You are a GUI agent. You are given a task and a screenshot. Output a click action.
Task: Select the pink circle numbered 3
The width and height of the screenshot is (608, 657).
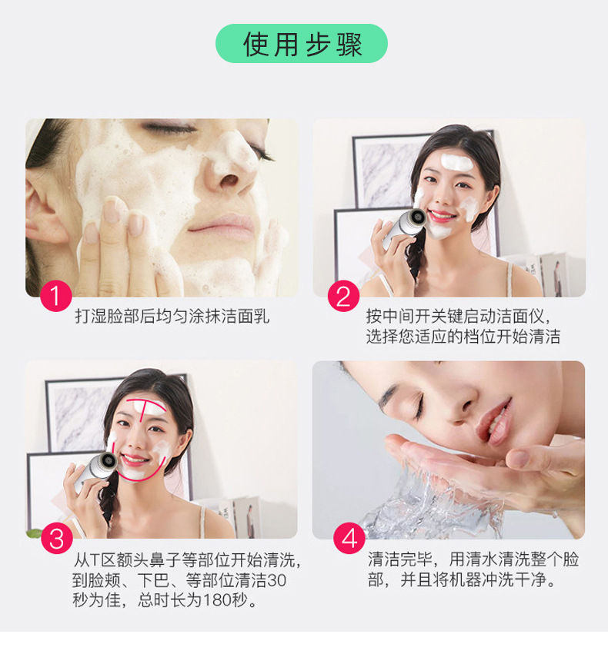pyautogui.click(x=55, y=538)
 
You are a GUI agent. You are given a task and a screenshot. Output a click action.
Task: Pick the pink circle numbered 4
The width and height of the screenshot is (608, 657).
pyautogui.click(x=349, y=538)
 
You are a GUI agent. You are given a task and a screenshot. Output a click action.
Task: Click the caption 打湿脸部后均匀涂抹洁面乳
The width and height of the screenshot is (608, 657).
pyautogui.click(x=172, y=317)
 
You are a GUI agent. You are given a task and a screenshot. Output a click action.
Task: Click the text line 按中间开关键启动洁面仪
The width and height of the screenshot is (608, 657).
pyautogui.click(x=459, y=317)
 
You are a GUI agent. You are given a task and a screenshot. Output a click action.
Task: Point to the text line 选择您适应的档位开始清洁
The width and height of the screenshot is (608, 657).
pyautogui.click(x=463, y=337)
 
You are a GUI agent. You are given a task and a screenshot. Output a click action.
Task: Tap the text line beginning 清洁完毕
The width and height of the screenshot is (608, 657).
pyautogui.click(x=473, y=559)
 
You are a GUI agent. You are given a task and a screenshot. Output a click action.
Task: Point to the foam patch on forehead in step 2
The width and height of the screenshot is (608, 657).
pyautogui.click(x=456, y=163)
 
